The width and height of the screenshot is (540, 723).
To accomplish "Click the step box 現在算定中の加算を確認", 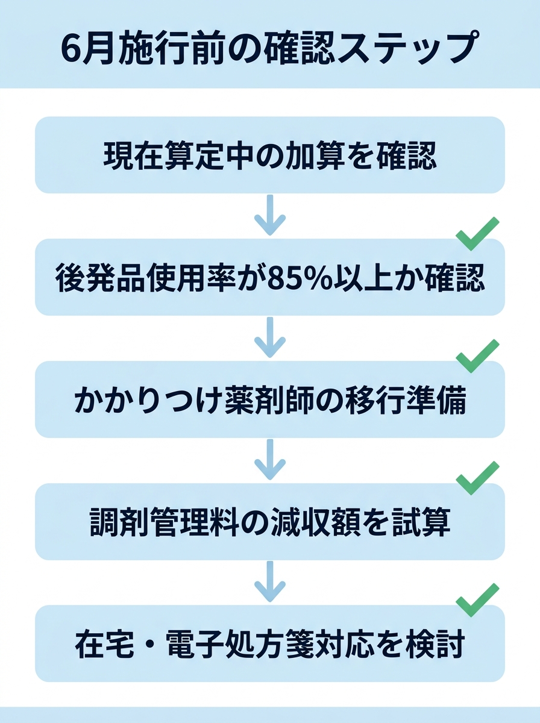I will click(x=269, y=155).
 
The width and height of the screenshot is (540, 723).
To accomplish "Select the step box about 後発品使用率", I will click(x=269, y=278).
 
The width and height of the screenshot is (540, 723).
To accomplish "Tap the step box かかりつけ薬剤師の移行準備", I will click(x=269, y=400).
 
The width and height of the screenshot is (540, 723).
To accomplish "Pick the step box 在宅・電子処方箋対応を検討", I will click(x=269, y=644).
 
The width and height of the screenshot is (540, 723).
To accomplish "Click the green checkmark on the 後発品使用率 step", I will click(x=477, y=234).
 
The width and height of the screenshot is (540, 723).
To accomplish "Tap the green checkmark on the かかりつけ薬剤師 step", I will click(x=477, y=356).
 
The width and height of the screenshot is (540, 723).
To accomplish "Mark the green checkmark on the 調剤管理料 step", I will click(x=477, y=478).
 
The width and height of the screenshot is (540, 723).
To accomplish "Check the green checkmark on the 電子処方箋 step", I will click(x=477, y=601).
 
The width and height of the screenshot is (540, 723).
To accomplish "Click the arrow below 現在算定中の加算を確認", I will click(x=269, y=215).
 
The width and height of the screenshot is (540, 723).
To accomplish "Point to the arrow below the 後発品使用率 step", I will click(x=269, y=337).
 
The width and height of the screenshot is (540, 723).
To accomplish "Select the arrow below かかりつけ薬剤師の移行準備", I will click(x=269, y=460).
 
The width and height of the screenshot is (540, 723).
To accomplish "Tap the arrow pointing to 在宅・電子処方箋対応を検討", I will click(x=269, y=582).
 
